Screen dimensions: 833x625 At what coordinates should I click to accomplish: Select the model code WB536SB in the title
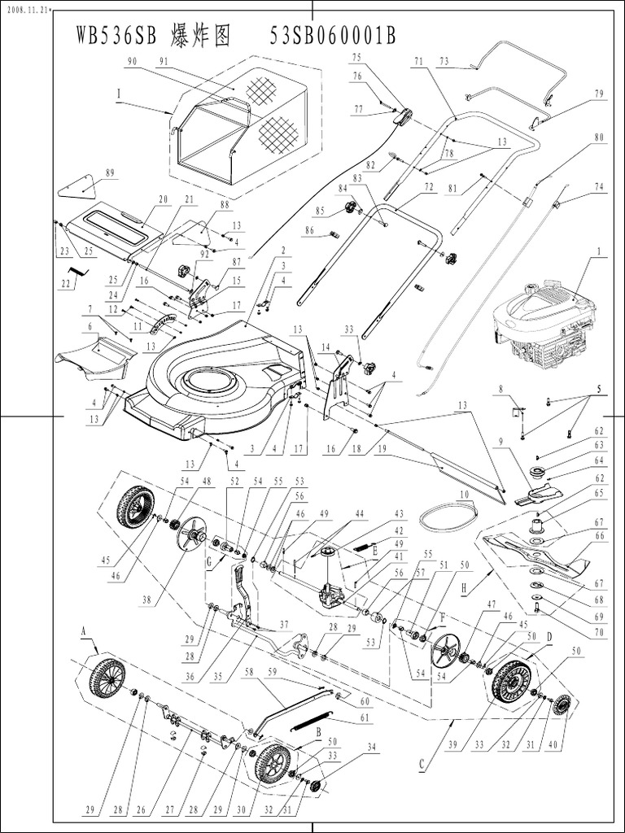point(118,37)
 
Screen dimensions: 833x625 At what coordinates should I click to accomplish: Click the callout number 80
point(600,137)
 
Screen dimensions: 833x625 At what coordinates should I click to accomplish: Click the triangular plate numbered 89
point(81,186)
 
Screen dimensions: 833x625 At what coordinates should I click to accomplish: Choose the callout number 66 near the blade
point(599,536)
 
